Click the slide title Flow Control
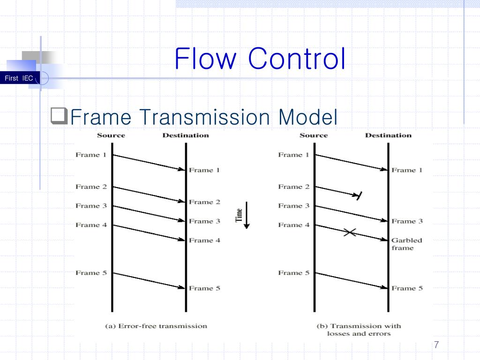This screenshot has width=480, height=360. point(260,60)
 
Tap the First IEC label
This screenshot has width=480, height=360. point(19,78)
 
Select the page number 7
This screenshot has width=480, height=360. point(436,345)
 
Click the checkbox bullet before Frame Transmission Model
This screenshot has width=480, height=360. point(60,115)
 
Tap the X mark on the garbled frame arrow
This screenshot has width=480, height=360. point(349,232)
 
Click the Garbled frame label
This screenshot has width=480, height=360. point(406,244)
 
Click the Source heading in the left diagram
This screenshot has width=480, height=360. point(111,135)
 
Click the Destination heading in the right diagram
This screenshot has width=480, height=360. point(388,135)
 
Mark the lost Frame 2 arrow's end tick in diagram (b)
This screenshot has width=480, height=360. point(359,196)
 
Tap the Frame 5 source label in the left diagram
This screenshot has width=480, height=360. point(91,273)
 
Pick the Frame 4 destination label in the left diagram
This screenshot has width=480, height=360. point(204,240)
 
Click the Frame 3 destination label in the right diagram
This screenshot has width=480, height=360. point(407,221)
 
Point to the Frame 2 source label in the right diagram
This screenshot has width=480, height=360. point(293,187)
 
